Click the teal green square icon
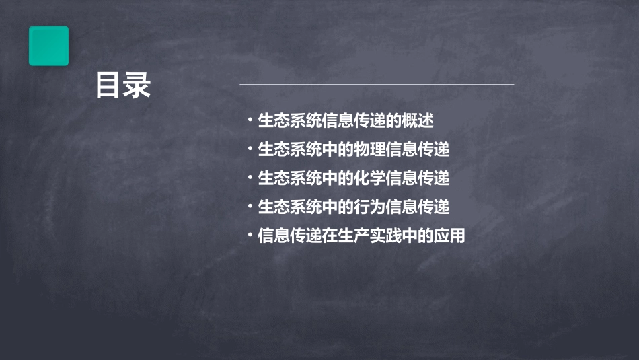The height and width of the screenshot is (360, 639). [x=48, y=46]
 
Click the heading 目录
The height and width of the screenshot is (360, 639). [x=123, y=86]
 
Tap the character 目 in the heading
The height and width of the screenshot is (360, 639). [x=108, y=86]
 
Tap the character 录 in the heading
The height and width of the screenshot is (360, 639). [x=138, y=86]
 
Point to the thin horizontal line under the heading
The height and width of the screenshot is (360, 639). [x=377, y=84]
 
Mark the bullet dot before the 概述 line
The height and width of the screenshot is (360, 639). [x=250, y=120]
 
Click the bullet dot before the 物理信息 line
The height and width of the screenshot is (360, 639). [x=250, y=149]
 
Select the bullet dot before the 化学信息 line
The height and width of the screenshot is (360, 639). [x=250, y=178]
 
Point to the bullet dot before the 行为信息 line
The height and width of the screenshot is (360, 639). [x=250, y=207]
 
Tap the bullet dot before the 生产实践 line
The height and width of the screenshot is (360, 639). [x=250, y=236]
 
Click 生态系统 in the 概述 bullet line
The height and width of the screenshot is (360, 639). [x=290, y=120]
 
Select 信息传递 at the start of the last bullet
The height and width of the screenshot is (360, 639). [x=290, y=236]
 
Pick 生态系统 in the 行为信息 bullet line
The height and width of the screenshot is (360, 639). [x=290, y=207]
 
